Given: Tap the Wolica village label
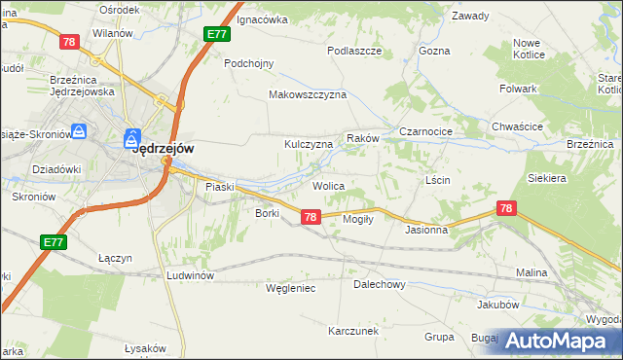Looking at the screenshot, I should pos(328,184).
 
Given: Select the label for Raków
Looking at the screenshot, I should pos(362,139).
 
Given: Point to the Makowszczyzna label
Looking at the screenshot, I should pos(308,95).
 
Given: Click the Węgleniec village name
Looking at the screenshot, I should pos(290,288).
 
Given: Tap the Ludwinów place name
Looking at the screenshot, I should pos(189,275).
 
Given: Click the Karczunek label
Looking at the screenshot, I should pos(352,331).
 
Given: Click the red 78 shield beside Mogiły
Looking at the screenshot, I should pos(310,217).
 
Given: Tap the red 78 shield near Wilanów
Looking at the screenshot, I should pos(68,42).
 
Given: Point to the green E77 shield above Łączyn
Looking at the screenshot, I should pos(54,241).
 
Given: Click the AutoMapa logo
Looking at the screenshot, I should pos(558,340).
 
